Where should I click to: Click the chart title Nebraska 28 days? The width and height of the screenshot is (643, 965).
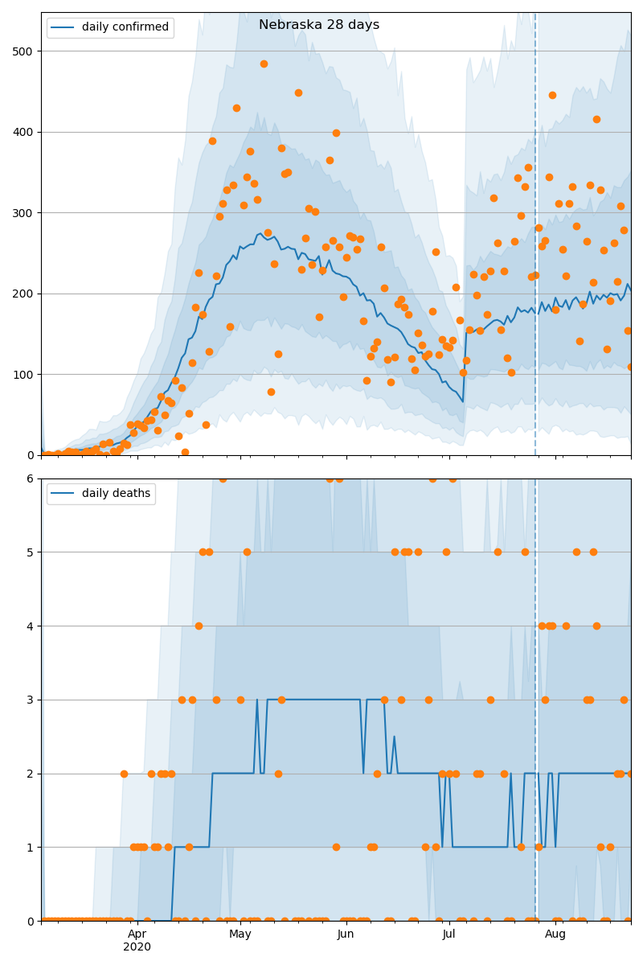pos(319,25)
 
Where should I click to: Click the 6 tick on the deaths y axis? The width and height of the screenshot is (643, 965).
pos(31,479)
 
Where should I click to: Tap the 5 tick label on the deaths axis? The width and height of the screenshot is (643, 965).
pos(31,552)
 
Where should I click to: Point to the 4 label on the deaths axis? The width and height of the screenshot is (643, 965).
pos(31,626)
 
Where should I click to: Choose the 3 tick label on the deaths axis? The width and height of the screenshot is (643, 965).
pos(31,700)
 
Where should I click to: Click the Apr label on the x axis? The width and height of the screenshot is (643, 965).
pos(137,934)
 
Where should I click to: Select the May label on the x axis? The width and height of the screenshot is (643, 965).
pos(240,934)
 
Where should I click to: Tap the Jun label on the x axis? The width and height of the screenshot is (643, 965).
pos(346,934)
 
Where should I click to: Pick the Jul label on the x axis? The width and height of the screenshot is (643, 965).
pos(448,934)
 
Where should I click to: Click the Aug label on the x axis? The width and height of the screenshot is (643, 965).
pos(555,934)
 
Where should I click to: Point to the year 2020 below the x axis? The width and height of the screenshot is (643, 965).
pos(137,947)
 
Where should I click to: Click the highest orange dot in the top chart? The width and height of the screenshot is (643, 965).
pos(264,64)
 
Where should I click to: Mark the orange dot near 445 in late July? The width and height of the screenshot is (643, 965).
pos(552,95)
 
